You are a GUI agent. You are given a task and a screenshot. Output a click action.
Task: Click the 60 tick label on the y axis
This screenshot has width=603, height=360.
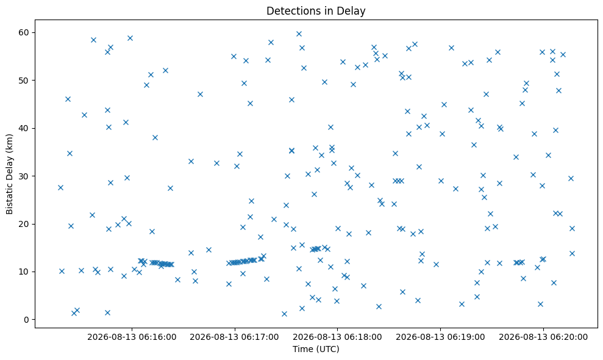[24, 32]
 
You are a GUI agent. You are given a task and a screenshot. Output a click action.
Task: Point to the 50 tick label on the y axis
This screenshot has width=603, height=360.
[24, 81]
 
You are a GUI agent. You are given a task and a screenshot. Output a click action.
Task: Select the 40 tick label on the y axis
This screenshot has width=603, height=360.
[24, 128]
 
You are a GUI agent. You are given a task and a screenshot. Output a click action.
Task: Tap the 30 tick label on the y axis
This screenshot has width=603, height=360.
[24, 176]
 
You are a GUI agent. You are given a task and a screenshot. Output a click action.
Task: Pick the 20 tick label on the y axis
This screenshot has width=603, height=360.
[24, 224]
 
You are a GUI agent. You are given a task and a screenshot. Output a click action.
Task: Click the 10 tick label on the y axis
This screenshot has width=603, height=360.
[24, 272]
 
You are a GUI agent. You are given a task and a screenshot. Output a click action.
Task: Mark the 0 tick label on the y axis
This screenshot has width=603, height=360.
[27, 320]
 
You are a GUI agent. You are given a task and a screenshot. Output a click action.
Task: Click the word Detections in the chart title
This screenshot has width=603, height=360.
[288, 11]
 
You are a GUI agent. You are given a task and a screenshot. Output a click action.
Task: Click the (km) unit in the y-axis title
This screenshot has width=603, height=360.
[10, 142]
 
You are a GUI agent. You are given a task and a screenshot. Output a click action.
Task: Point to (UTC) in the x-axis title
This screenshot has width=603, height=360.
[327, 349]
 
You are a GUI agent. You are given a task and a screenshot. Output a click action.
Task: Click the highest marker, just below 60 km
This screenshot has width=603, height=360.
[299, 34]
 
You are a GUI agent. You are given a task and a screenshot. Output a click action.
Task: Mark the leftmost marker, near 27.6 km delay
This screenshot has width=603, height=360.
[60, 187]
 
